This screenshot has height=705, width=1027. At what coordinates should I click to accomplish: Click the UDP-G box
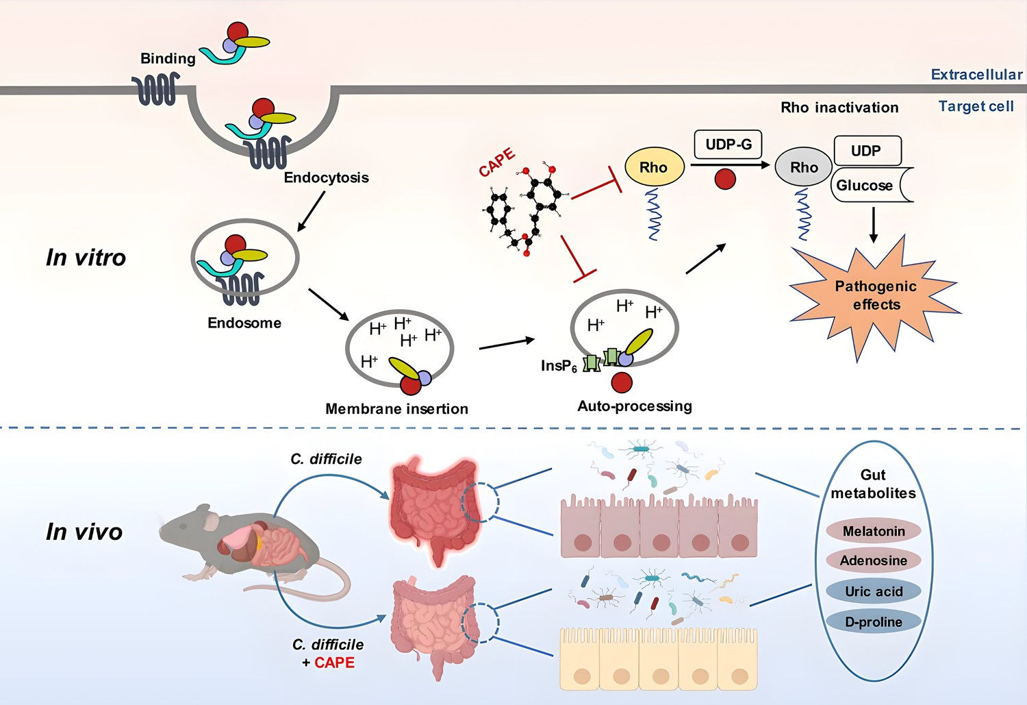(x=728, y=145)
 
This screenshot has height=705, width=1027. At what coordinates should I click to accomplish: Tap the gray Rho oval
(x=803, y=167)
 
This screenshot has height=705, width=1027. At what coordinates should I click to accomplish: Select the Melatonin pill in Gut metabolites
(x=874, y=531)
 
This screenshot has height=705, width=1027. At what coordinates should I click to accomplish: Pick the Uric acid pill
(x=874, y=591)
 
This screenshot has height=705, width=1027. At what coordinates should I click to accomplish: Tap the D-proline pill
(x=874, y=621)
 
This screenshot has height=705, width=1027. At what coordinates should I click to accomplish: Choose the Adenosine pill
(x=874, y=560)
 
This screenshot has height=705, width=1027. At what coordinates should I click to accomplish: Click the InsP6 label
(x=559, y=366)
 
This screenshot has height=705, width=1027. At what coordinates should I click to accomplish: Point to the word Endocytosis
(x=326, y=177)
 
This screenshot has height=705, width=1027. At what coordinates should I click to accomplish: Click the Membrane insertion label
(x=396, y=409)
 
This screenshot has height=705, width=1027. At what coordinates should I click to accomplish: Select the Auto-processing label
(x=635, y=406)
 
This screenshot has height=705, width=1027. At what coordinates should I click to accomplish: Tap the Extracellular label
(x=976, y=74)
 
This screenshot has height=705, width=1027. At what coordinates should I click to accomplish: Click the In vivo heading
(x=84, y=532)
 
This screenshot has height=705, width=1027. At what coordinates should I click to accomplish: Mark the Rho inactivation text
(x=839, y=108)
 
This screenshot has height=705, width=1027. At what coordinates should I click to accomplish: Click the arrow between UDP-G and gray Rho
(x=729, y=164)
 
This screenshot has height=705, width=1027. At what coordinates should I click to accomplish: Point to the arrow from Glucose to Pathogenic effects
(x=874, y=225)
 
